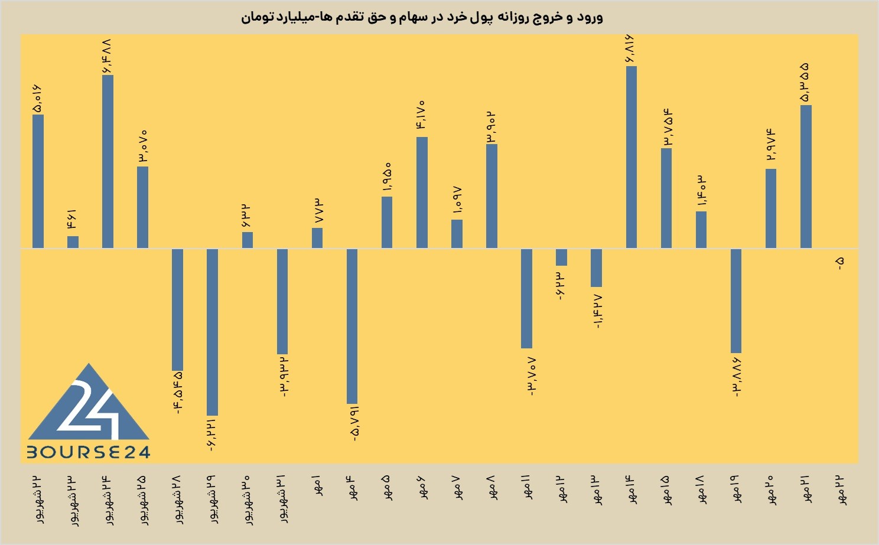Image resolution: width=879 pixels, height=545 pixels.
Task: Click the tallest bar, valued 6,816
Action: tap(631, 157)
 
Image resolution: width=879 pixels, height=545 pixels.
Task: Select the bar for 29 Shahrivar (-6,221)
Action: tap(212, 332)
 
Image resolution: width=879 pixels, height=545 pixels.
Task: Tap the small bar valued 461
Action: tap(73, 242)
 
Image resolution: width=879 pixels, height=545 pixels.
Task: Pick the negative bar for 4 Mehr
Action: tap(352, 326)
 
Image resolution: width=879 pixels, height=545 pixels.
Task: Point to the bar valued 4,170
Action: tap(422, 192)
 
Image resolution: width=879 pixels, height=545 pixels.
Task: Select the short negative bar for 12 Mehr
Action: tap(562, 257)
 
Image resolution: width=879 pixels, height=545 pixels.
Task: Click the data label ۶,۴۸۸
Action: tap(108, 56)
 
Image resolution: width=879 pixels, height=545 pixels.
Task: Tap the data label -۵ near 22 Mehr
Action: tap(840, 263)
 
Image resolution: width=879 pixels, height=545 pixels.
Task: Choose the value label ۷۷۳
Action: tap(318, 211)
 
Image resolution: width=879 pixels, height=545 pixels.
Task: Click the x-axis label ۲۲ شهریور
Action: tap(38, 500)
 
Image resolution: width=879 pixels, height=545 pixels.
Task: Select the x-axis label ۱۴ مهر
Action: tap(631, 489)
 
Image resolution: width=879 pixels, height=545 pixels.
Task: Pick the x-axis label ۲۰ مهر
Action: tap(771, 490)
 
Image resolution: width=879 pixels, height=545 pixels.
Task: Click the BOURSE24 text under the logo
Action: tap(89, 452)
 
